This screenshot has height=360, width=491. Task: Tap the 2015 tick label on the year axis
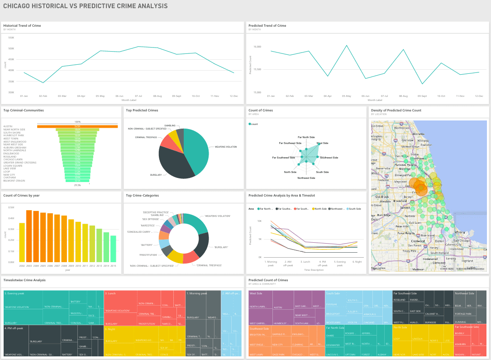pyautogui.click(x=113, y=266)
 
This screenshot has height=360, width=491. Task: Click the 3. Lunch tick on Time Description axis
pyautogui.click(x=306, y=262)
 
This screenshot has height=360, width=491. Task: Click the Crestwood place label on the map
pyautogui.click(x=418, y=241)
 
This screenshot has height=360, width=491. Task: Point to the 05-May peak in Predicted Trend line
pyautogui.click(x=346, y=46)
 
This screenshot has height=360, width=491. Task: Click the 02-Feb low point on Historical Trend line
pyautogui.click(x=43, y=82)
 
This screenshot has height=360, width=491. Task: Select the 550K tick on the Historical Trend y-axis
pyautogui.click(x=11, y=38)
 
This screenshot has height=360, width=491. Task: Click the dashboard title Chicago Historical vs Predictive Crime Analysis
pyautogui.click(x=86, y=6)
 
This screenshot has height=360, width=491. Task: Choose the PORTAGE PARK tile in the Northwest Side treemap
pyautogui.click(x=463, y=314)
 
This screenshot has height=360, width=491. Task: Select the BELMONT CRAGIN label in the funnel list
pyautogui.click(x=14, y=181)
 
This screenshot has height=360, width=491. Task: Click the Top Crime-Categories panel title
pyautogui.click(x=142, y=196)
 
